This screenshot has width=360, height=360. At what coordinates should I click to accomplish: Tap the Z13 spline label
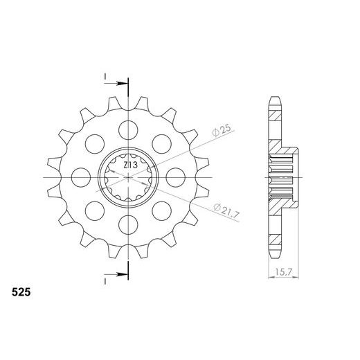tap(129, 166)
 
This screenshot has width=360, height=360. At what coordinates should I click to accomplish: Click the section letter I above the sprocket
tap(105, 75)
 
